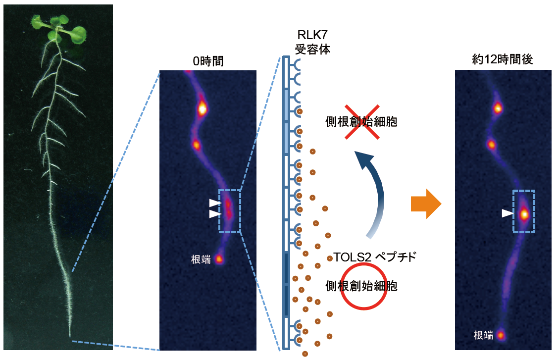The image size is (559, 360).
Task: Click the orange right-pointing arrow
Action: [x=426, y=204]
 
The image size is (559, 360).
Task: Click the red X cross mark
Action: [x=361, y=122]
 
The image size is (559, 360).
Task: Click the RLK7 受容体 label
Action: [x=312, y=42]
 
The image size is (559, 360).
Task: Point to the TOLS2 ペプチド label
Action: [x=375, y=257]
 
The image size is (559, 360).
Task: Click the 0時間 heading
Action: [x=208, y=61]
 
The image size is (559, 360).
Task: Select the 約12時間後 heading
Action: [x=503, y=59]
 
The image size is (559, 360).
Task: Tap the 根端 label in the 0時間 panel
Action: [x=201, y=259]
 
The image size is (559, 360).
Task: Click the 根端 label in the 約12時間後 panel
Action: [x=483, y=335]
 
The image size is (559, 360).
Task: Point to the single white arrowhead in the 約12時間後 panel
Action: [x=508, y=213]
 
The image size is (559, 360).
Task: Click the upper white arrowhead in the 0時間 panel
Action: [x=215, y=203]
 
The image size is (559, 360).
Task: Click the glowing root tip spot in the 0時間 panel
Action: [x=219, y=259]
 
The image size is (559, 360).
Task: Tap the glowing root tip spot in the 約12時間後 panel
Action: [x=501, y=335]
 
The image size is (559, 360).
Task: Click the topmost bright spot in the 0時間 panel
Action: [x=202, y=108]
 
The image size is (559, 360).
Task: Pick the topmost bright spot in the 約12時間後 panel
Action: [x=498, y=107]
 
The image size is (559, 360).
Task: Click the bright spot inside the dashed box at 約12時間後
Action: [x=524, y=214]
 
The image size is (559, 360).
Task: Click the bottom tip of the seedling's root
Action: [x=70, y=336]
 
